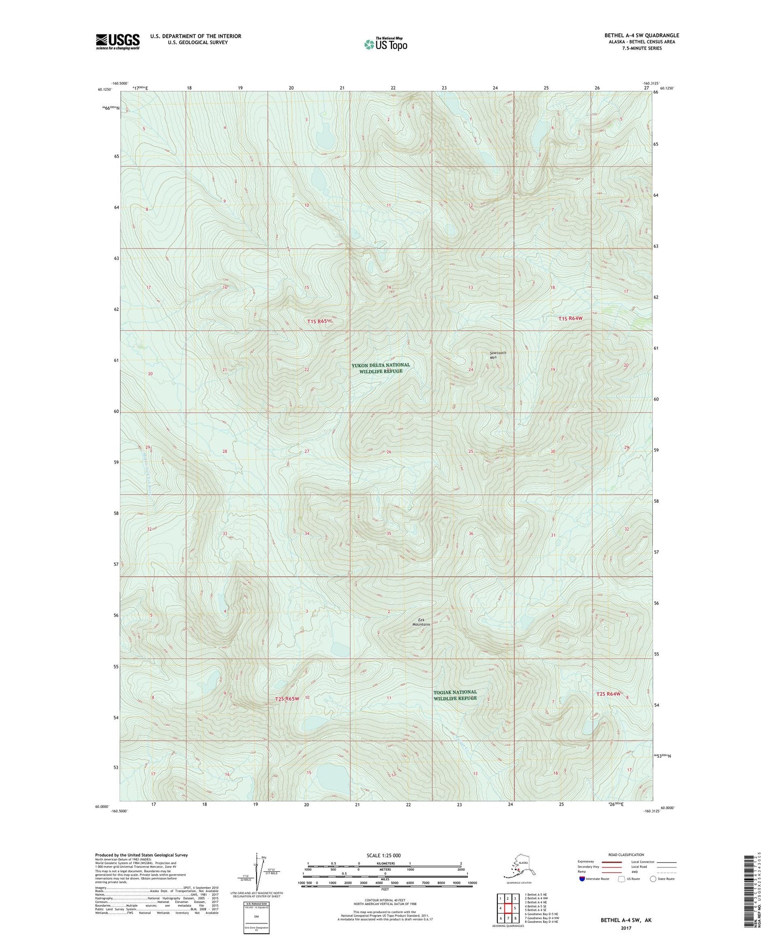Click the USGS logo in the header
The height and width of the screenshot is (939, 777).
pos(118,41)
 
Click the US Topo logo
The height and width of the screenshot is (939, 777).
pos(385,44)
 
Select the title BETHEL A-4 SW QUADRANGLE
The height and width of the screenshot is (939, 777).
pos(641,35)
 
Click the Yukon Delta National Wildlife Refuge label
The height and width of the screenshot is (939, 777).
pos(381,368)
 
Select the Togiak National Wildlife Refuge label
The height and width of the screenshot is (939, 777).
pos(455,695)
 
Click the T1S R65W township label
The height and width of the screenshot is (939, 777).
pos(325,322)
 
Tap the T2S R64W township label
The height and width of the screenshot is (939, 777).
pos(608,694)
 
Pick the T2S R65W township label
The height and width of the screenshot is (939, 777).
pos(287,699)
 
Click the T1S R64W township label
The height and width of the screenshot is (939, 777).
pos(570,318)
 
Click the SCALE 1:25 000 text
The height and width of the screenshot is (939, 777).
pos(383,855)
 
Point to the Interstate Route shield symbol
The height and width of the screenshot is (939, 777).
pos(582,879)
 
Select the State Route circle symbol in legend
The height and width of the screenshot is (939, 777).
pos(653,879)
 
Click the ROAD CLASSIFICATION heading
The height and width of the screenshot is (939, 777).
pos(626,855)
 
